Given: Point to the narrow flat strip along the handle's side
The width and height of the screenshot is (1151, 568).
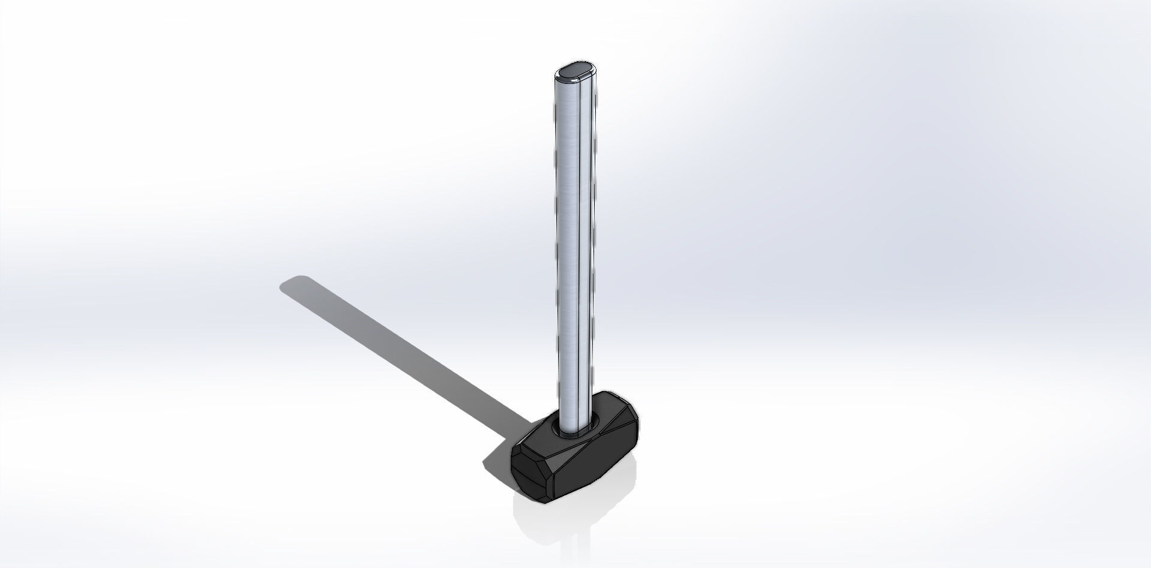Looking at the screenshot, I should click(588, 240).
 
